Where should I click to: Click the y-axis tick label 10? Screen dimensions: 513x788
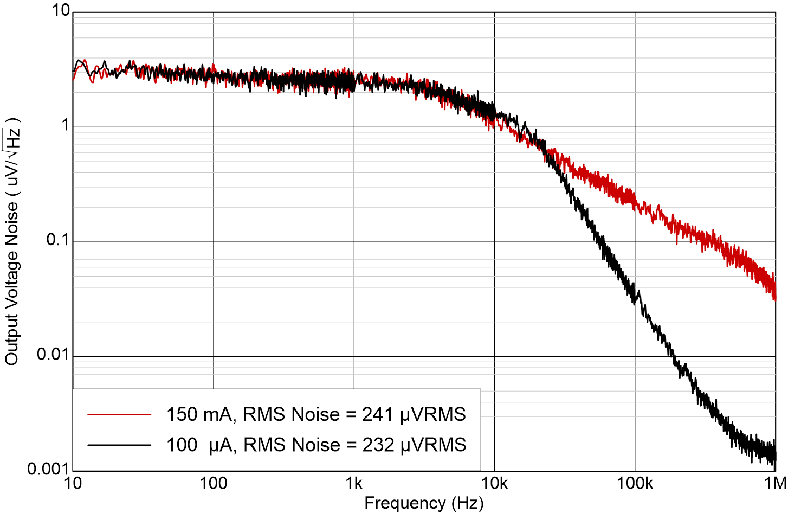(x=61, y=10)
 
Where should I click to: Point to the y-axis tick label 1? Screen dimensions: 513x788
(x=66, y=125)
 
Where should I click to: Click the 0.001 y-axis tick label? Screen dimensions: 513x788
(x=49, y=469)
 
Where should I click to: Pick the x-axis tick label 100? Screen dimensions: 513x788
(x=214, y=483)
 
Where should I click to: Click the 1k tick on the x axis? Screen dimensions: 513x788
(x=354, y=483)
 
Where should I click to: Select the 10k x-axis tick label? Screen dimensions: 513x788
(x=494, y=483)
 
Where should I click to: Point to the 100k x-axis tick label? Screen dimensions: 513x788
(x=635, y=483)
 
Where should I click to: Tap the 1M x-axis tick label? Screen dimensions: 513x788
(x=775, y=483)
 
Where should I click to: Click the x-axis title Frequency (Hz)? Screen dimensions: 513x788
(x=424, y=503)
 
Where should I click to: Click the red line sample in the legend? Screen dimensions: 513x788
(x=119, y=415)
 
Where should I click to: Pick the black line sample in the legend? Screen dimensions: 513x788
(x=119, y=445)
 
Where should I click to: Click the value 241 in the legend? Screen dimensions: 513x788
(x=377, y=414)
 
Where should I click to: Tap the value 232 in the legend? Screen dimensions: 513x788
(x=377, y=445)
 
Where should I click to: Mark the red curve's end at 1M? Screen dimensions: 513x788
(x=774, y=293)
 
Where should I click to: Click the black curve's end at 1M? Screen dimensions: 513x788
(x=774, y=453)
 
